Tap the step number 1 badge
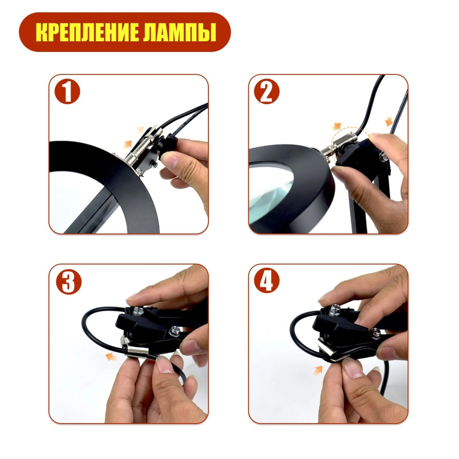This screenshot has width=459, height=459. tap(67, 91)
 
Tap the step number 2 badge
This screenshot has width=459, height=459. tap(267, 91)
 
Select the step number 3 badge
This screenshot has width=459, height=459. tap(69, 282)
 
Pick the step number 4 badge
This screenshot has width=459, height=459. tap(267, 280)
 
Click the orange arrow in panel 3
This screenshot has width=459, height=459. tap(111, 357)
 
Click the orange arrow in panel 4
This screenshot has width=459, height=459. tap(318, 370)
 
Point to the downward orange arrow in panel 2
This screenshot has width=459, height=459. tap(389, 121)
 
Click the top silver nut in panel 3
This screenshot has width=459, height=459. tap(137, 310)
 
